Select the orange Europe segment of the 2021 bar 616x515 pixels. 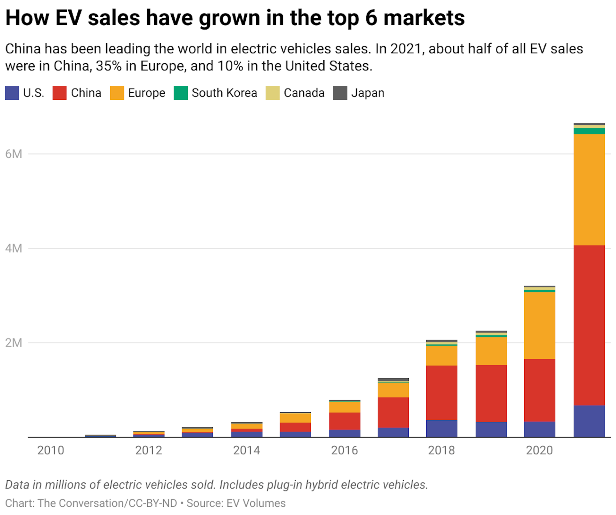(x=589, y=189)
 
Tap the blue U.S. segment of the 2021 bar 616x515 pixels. (x=589, y=421)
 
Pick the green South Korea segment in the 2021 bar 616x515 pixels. (x=589, y=131)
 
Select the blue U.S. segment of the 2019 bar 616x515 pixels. (x=491, y=429)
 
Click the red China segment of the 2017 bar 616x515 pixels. (x=393, y=412)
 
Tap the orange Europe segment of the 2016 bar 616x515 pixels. (x=345, y=407)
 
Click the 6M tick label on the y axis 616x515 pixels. (x=14, y=154)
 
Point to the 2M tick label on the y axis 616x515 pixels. (x=14, y=343)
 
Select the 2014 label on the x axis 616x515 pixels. (x=246, y=450)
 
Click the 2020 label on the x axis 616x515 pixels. (x=539, y=450)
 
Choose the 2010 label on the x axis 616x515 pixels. (x=51, y=450)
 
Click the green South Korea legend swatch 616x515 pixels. (x=181, y=93)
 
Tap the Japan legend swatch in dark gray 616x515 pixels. (x=340, y=93)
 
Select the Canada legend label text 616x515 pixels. (x=304, y=93)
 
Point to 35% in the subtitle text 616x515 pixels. (x=109, y=66)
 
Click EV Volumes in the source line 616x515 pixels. (x=256, y=503)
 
